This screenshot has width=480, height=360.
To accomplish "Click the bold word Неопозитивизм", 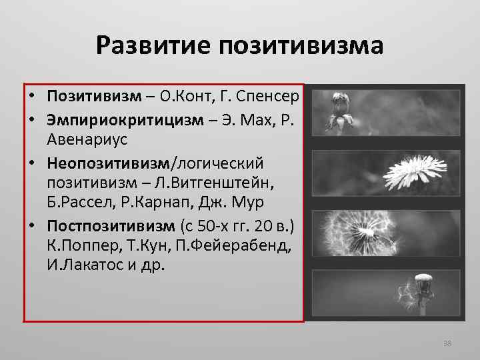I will point(109,163).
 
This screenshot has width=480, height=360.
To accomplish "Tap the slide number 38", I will point(447,343).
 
